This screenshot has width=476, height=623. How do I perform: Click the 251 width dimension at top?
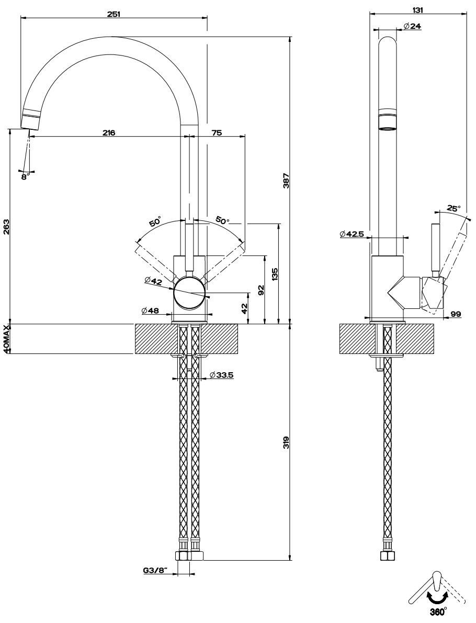click(x=114, y=14)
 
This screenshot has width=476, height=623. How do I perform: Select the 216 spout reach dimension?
click(x=109, y=133)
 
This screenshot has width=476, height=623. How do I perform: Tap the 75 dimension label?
click(x=216, y=133)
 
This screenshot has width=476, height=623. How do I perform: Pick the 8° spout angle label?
click(x=25, y=176)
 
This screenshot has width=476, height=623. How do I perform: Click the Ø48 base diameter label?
click(x=150, y=310)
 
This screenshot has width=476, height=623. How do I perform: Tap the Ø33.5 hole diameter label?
click(x=220, y=374)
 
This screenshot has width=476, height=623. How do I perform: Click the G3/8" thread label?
click(x=154, y=571)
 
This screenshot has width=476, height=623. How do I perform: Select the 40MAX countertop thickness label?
click(x=7, y=339)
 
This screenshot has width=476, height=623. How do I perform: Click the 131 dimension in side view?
click(x=417, y=9)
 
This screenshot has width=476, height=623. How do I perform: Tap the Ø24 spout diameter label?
click(x=413, y=26)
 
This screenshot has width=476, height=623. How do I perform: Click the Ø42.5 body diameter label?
click(x=352, y=234)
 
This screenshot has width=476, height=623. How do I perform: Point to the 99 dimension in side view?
click(x=455, y=314)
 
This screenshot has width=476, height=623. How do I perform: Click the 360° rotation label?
click(x=437, y=611)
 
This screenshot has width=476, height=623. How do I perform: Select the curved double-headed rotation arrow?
click(x=437, y=597)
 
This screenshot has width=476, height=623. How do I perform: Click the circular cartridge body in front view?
click(x=189, y=292)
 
